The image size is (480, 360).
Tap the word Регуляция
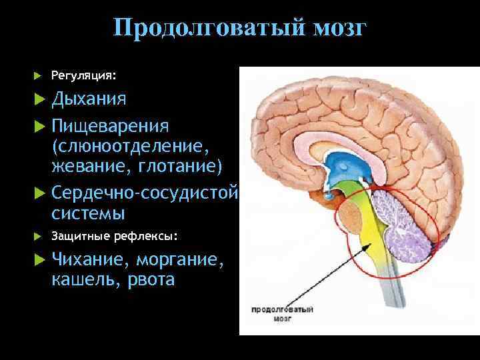79,75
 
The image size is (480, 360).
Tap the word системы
88,214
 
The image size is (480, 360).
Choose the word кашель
83,280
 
